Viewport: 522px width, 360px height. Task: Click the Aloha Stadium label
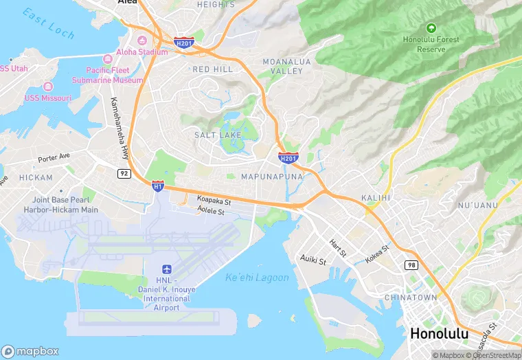point(142,52)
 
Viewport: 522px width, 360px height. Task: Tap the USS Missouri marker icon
point(47,87)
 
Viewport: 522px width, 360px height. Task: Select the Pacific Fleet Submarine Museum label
point(114,75)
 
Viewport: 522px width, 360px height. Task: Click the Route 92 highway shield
point(124,173)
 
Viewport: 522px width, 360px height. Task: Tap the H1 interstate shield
point(158,185)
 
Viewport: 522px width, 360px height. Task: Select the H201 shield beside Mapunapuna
point(288,159)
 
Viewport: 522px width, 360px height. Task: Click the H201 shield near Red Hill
point(183,42)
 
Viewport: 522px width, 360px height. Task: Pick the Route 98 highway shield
point(411,265)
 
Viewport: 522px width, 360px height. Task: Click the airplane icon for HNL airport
point(166,269)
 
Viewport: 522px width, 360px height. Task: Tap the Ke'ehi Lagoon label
point(257,278)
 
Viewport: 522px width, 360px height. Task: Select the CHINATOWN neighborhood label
point(411,297)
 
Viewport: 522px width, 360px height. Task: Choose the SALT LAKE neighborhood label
point(218,135)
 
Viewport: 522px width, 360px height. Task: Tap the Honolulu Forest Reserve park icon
point(431,28)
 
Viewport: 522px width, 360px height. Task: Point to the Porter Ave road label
point(54,157)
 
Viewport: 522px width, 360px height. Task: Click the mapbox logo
point(30,351)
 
